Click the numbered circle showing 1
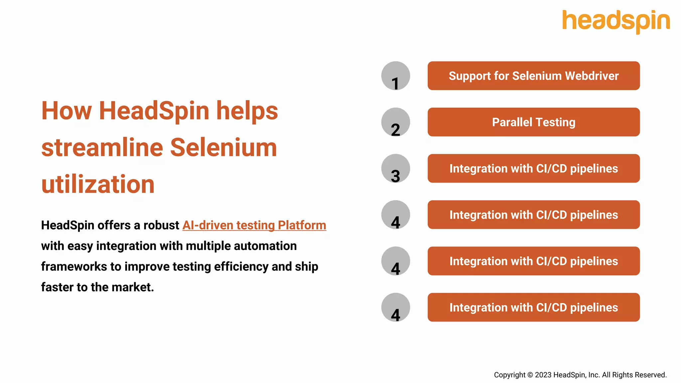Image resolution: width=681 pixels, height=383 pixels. point(395,76)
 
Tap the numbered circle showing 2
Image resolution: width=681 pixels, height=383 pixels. point(395,122)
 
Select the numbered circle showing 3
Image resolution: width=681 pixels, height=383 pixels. point(395,168)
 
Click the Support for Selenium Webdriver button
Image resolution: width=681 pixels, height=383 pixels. point(533,76)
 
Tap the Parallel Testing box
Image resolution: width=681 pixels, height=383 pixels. point(533,122)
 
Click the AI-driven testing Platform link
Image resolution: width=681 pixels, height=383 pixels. point(254,225)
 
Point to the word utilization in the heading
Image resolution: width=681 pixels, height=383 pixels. point(98,185)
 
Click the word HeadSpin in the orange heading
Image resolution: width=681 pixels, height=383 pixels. point(154,111)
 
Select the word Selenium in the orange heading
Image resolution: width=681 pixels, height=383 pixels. point(223,148)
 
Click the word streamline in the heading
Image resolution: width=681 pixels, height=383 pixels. point(102,148)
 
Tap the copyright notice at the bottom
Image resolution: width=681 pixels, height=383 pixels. point(580,375)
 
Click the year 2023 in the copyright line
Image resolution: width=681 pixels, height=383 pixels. point(543,375)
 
